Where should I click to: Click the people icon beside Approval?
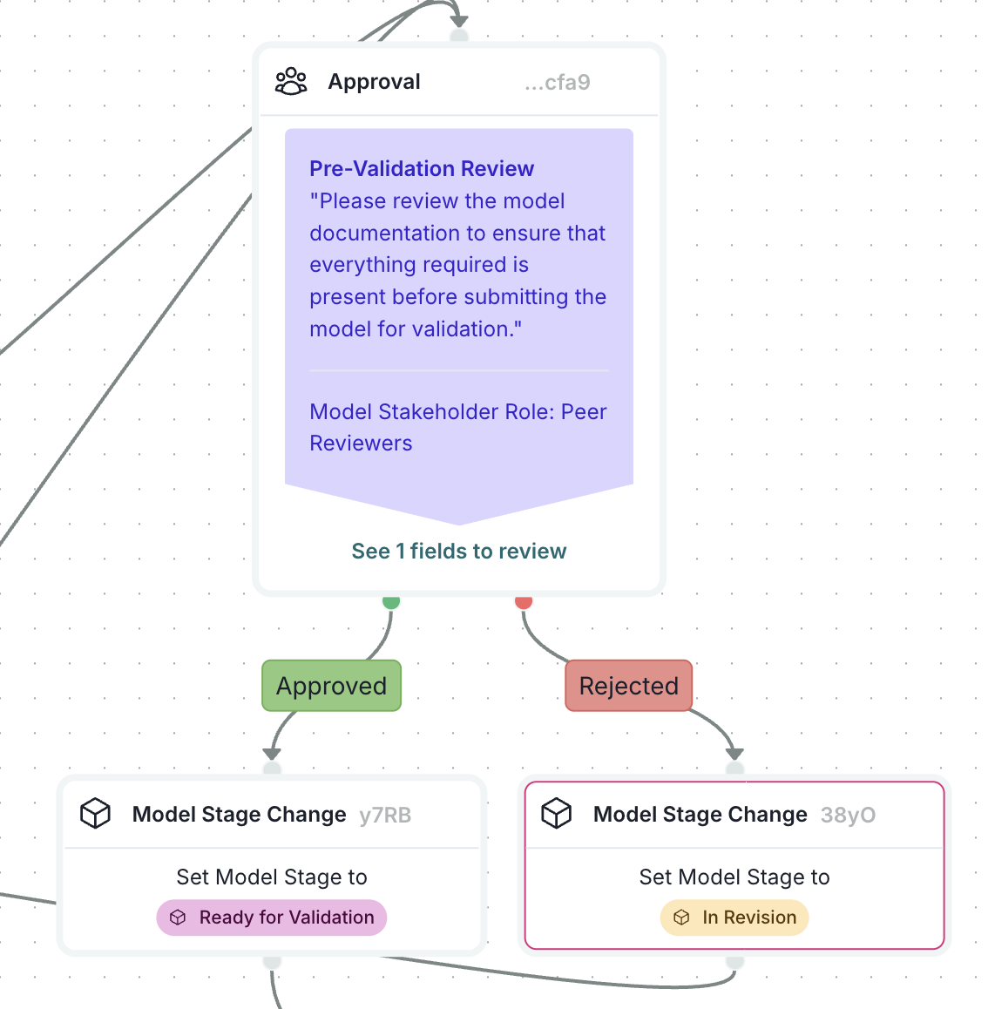[x=291, y=82]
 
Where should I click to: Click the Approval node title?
[x=374, y=82]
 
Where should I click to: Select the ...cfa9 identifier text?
[x=558, y=83]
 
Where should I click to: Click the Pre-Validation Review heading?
[x=422, y=168]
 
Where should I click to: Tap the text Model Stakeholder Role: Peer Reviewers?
[x=457, y=427]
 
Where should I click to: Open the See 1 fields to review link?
[x=458, y=551]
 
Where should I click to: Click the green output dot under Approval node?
[x=391, y=601]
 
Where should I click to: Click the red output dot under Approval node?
[x=524, y=601]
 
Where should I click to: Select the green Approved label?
[x=331, y=686]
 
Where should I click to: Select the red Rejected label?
[x=628, y=686]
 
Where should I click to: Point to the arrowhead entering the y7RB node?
[x=273, y=753]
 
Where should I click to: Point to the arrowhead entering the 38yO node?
[x=734, y=753]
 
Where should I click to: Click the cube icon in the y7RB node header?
[x=95, y=814]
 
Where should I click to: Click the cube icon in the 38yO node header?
[x=557, y=814]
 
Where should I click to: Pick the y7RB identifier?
[x=385, y=815]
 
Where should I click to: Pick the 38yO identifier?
[x=848, y=815]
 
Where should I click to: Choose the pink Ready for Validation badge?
[x=272, y=918]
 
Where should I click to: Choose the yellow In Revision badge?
[x=734, y=918]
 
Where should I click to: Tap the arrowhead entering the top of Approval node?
[x=459, y=19]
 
